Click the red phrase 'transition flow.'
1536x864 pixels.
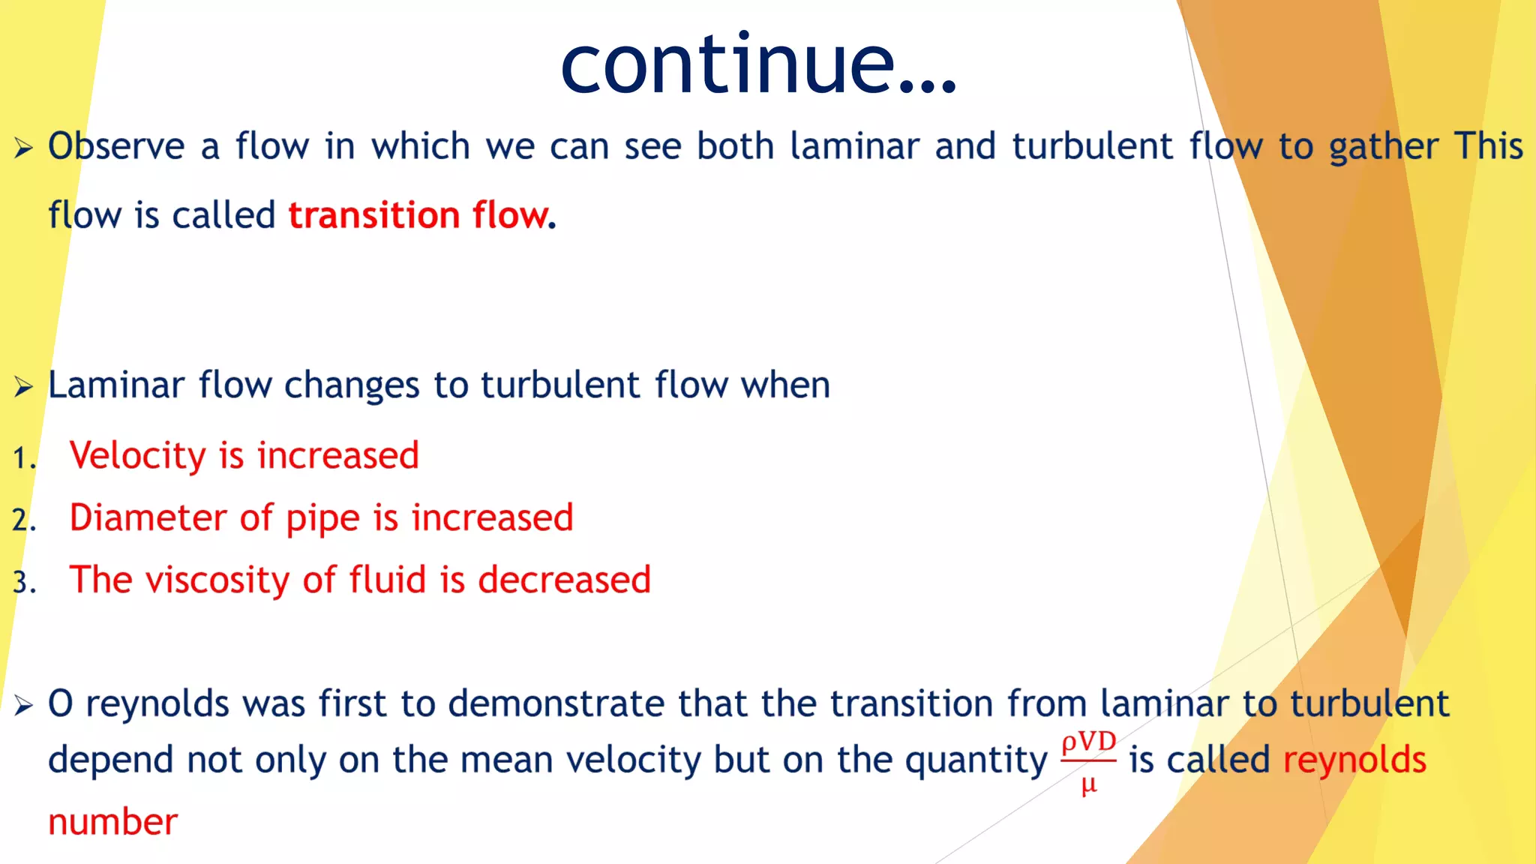click(422, 215)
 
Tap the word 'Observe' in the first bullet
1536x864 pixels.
click(116, 146)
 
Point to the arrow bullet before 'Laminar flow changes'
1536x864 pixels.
click(23, 387)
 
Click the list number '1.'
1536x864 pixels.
click(24, 458)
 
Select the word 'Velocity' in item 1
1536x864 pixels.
click(137, 456)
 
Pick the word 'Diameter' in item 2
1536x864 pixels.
click(148, 518)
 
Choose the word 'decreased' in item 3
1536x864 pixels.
click(564, 580)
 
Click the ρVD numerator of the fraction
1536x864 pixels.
click(1088, 742)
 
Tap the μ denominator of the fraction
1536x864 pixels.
click(1089, 784)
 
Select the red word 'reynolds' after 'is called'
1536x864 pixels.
click(1354, 760)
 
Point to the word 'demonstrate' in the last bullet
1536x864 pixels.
click(556, 704)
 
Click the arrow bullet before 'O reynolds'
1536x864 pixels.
click(23, 705)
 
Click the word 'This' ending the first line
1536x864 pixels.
click(1489, 146)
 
